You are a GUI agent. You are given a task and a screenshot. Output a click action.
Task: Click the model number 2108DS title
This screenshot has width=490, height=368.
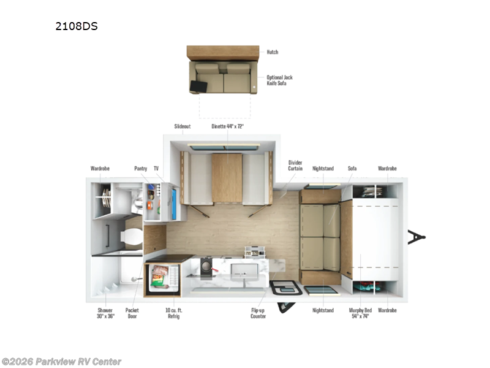click(77, 27)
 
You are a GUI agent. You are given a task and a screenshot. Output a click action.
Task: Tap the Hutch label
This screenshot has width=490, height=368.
click(273, 52)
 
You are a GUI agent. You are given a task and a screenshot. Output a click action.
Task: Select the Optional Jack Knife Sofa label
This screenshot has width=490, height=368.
click(279, 80)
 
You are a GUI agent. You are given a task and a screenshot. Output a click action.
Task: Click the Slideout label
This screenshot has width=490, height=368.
click(183, 126)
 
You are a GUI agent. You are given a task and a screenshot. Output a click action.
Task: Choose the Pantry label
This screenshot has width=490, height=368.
click(141, 168)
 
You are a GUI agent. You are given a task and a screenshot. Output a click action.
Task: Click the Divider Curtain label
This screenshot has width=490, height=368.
click(295, 166)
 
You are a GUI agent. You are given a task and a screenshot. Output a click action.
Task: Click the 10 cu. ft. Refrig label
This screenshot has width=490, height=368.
click(174, 313)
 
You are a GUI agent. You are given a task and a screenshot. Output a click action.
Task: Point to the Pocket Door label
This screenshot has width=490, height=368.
click(132, 313)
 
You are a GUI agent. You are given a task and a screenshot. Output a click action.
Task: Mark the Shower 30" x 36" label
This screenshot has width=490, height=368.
click(105, 313)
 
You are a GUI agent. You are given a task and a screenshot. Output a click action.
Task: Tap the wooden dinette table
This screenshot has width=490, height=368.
click(227, 178)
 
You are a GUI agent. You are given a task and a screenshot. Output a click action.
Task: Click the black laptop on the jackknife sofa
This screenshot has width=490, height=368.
click(200, 88)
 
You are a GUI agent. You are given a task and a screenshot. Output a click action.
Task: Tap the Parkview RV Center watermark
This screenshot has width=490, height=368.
click(61, 361)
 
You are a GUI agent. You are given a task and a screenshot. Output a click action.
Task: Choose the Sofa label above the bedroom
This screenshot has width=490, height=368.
click(352, 168)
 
